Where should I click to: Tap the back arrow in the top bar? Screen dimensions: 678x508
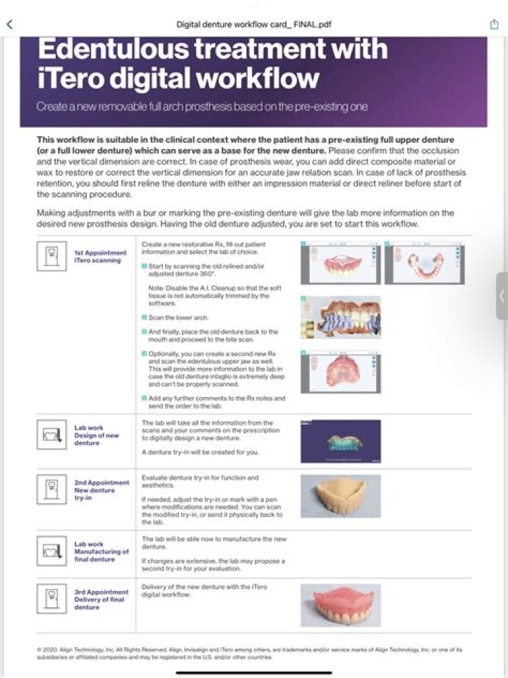click(x=9, y=24)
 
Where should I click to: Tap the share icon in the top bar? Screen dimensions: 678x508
click(x=495, y=24)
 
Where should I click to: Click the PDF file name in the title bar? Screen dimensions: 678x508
click(x=254, y=25)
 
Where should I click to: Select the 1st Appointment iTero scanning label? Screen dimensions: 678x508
click(x=100, y=256)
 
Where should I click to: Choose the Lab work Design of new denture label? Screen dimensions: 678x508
click(x=97, y=435)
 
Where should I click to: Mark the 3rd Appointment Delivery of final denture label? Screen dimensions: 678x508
click(x=101, y=600)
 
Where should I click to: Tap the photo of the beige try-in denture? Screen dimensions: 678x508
click(x=340, y=496)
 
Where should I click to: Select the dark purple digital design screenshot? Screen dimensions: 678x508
click(x=340, y=441)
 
